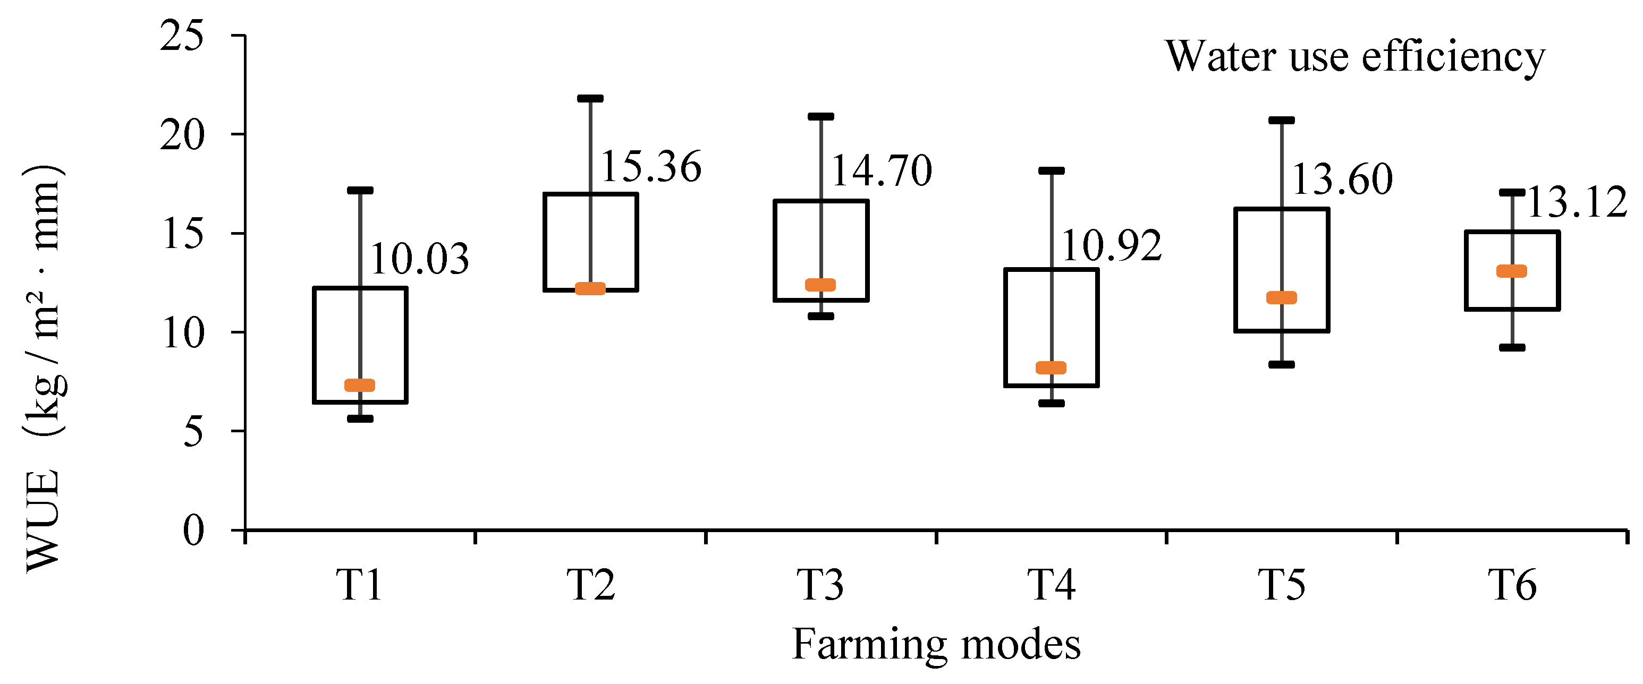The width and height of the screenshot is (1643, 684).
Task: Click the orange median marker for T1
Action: pos(360,385)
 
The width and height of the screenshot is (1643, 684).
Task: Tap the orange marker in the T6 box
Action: pos(1512,271)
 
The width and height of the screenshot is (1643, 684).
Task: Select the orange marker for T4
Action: pos(1051,368)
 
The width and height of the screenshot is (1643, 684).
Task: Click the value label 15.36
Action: pos(650,167)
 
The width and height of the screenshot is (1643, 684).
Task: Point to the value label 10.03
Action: pos(419,260)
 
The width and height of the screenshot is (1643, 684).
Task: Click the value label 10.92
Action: pos(1112,246)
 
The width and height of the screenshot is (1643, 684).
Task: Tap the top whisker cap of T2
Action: pos(590,99)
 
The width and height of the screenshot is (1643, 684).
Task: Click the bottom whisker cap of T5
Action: pos(1281,365)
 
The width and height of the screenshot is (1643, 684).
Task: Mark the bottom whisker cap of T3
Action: pos(821,316)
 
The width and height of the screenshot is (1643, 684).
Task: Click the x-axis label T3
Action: pos(821,585)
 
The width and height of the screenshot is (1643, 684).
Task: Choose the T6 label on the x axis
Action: pos(1512,585)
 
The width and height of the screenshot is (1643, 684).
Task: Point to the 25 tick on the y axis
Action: pos(182,35)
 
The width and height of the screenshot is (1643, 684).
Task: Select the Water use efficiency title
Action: pos(1356,57)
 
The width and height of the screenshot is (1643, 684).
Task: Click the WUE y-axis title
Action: pos(44,370)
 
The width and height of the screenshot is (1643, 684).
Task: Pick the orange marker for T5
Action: pos(1281,298)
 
